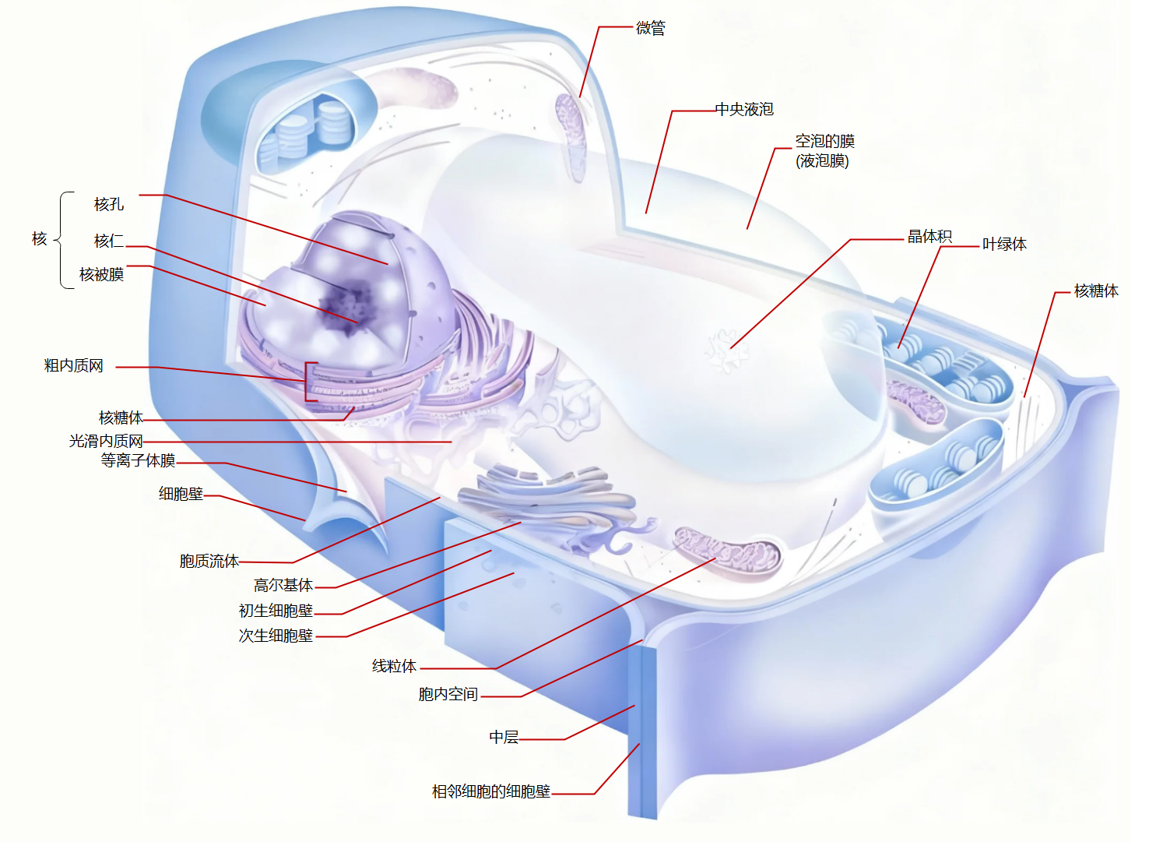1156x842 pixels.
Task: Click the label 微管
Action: tap(650, 28)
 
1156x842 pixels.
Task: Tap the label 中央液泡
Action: tap(744, 109)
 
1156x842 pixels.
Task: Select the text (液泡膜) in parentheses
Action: tap(822, 161)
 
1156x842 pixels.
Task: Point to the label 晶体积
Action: tap(929, 236)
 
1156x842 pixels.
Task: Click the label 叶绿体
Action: tap(1004, 244)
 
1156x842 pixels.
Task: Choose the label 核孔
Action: tap(109, 204)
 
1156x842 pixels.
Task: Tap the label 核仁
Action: tap(109, 241)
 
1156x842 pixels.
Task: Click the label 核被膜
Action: tap(101, 274)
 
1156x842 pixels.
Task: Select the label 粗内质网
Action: tap(73, 365)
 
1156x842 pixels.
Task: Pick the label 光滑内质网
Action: tap(106, 441)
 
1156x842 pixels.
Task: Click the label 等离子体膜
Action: tap(138, 460)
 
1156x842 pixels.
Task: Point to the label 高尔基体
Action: tap(283, 585)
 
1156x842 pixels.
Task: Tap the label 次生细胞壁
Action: tap(276, 636)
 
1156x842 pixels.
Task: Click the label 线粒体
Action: tap(394, 666)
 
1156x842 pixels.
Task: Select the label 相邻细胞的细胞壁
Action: tap(491, 791)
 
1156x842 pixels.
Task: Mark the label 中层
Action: tap(504, 737)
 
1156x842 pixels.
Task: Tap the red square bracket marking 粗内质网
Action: tap(309, 382)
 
